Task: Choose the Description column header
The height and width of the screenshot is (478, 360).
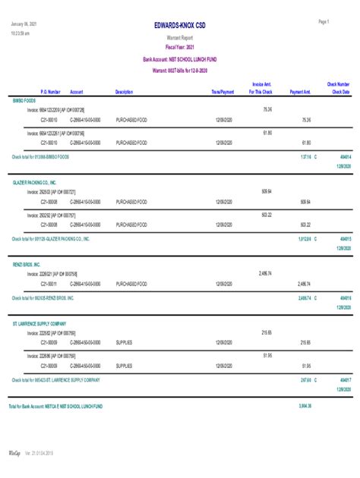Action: [124, 91]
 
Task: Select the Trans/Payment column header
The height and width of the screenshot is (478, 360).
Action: [223, 91]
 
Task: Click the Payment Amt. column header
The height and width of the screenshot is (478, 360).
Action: [301, 91]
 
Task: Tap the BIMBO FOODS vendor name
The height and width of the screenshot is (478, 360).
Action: [24, 100]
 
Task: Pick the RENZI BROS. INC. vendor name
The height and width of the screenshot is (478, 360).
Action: [27, 263]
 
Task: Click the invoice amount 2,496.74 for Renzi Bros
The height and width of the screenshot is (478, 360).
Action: [264, 272]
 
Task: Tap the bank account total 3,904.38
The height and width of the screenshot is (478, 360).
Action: [305, 406]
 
